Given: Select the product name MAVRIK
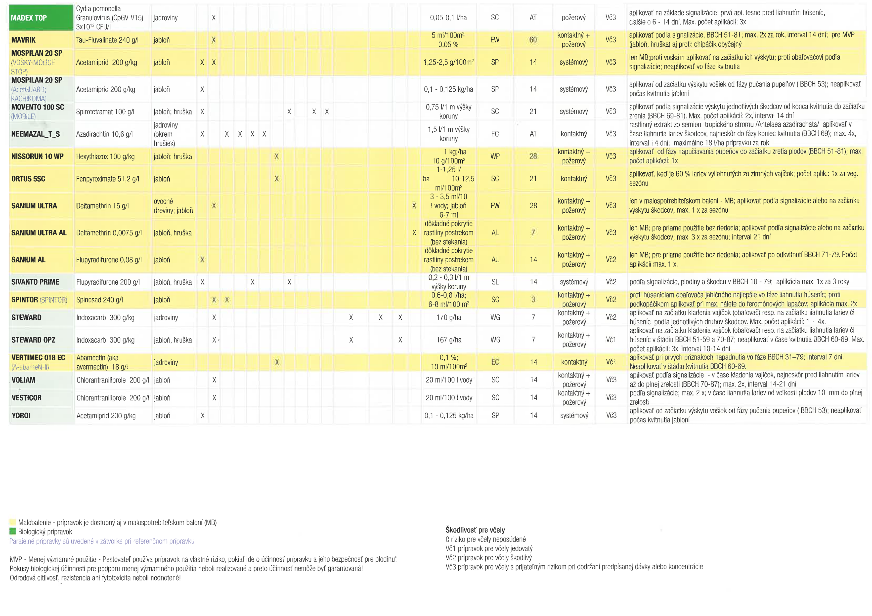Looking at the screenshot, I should (x=24, y=40).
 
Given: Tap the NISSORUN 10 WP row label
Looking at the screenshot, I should (x=37, y=156).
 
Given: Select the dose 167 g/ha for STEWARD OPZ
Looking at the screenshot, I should (x=449, y=340).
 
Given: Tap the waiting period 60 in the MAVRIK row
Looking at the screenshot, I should (x=533, y=40).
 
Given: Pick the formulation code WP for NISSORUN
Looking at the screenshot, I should (x=495, y=156).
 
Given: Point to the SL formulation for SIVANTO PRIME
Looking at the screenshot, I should (x=495, y=282).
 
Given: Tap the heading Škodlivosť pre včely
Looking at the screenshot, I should (x=475, y=530).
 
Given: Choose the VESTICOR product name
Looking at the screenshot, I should (x=27, y=398).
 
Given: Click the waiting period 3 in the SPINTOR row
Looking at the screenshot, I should (x=533, y=300).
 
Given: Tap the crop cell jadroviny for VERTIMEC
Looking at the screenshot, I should (x=166, y=362).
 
